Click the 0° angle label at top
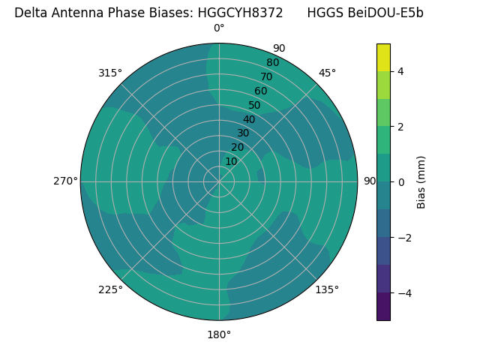pyautogui.click(x=219, y=28)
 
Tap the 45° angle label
pyautogui.click(x=327, y=73)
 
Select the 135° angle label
pyautogui.click(x=327, y=289)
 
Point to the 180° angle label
pyautogui.click(x=219, y=334)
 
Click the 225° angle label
pyautogui.click(x=110, y=289)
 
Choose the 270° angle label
pyautogui.click(x=65, y=181)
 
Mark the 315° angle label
pyautogui.click(x=110, y=73)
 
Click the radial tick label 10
pyautogui.click(x=231, y=161)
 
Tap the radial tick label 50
pyautogui.click(x=255, y=106)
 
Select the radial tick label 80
pyautogui.click(x=273, y=63)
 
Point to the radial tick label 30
pyautogui.click(x=243, y=133)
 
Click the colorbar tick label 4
pyautogui.click(x=400, y=71)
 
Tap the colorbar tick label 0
pyautogui.click(x=400, y=182)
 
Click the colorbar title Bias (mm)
pyautogui.click(x=421, y=182)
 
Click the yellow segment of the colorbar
pyautogui.click(x=383, y=57)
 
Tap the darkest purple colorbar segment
pyautogui.click(x=383, y=307)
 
